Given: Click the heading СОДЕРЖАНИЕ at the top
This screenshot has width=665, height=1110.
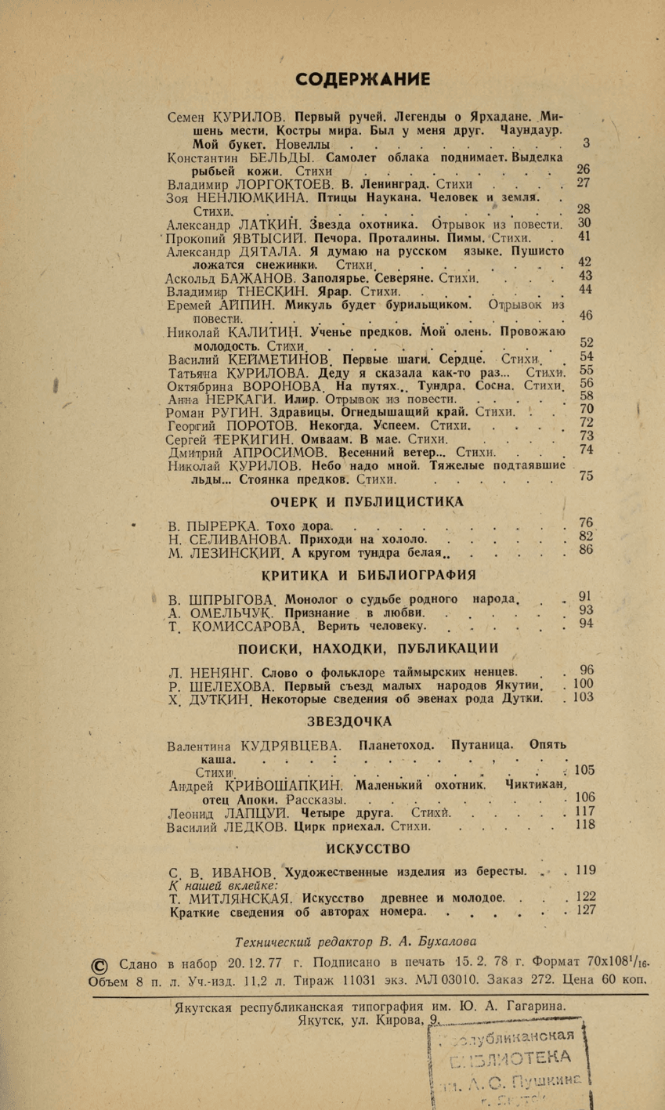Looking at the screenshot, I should coord(361,78).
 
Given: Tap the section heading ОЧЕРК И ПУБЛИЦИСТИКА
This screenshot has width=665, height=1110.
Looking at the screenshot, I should coord(367,501).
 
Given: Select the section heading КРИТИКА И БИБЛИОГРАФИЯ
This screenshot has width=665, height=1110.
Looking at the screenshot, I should coord(368,575).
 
